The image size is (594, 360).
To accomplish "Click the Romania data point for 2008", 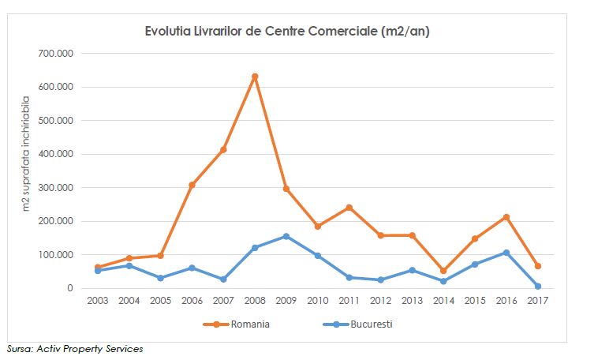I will (x=255, y=77).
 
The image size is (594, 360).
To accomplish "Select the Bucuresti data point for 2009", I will (x=286, y=236).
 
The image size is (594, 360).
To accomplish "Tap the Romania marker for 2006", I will (x=192, y=185).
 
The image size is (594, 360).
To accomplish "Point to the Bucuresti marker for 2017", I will (x=537, y=286).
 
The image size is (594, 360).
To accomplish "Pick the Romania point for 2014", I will (x=443, y=271).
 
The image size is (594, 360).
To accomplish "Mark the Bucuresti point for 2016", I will (x=506, y=253).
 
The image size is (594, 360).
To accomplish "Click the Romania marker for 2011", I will (x=349, y=208).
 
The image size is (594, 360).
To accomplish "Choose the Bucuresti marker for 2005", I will (x=160, y=278).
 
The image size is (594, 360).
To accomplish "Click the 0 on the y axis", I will (x=69, y=288).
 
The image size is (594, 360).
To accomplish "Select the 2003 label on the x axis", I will (x=98, y=301).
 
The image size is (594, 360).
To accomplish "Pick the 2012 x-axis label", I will (x=380, y=301).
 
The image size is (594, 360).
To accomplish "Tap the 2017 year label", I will (x=537, y=301).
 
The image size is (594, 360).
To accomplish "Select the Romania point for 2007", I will (x=223, y=149).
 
